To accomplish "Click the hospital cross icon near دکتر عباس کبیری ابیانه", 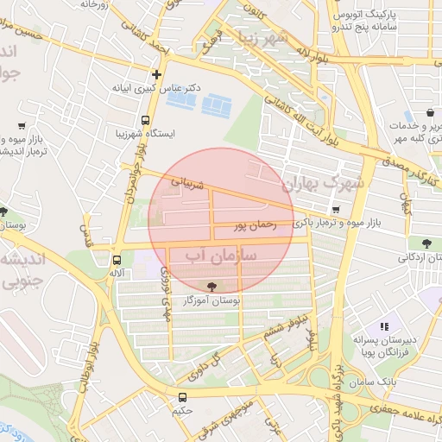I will pos(155,74).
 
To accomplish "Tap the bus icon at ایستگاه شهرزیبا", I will pos(145,121).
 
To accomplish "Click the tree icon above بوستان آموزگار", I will pos(212,286).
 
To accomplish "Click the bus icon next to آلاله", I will pos(117,259).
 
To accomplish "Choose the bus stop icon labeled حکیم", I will pos(181,397).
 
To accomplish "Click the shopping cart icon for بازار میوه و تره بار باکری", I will pos(335,209).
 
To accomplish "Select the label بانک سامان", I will pos(399,380).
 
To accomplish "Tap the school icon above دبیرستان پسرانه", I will pos(384,326).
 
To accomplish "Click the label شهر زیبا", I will pos(264,41).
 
